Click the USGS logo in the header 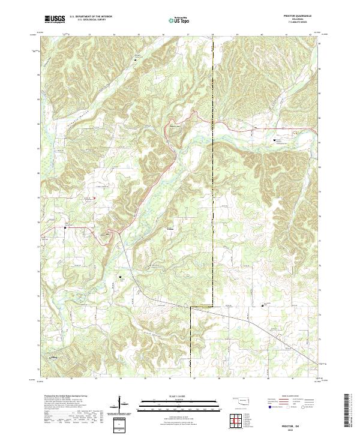pyautogui.click(x=55, y=19)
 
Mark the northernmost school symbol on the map pyautogui.click(x=275, y=140)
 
